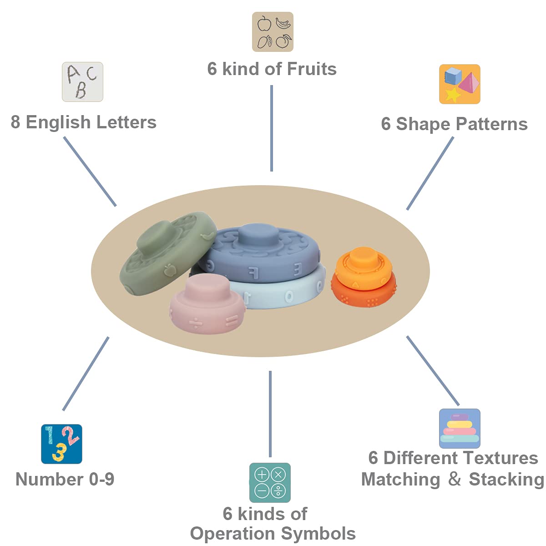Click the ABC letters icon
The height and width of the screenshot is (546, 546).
(82, 82)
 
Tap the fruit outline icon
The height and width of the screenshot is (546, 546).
(273, 32)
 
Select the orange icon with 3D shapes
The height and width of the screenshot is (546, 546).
(460, 84)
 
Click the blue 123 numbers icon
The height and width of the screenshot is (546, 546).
(61, 444)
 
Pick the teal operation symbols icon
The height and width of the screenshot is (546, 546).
(270, 483)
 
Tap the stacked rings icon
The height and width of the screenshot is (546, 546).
(460, 429)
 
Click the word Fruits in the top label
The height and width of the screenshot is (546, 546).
(312, 69)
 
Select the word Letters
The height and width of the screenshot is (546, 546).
(126, 122)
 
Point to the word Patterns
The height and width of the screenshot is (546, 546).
(491, 124)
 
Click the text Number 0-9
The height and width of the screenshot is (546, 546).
(65, 479)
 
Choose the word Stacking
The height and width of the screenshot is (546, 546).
(506, 479)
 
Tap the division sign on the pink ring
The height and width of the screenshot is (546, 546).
(195, 324)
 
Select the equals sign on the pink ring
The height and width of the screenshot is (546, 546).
(232, 321)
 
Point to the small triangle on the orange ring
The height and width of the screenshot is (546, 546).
(355, 284)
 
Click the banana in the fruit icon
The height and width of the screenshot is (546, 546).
(283, 23)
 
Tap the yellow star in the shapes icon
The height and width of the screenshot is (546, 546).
(452, 94)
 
